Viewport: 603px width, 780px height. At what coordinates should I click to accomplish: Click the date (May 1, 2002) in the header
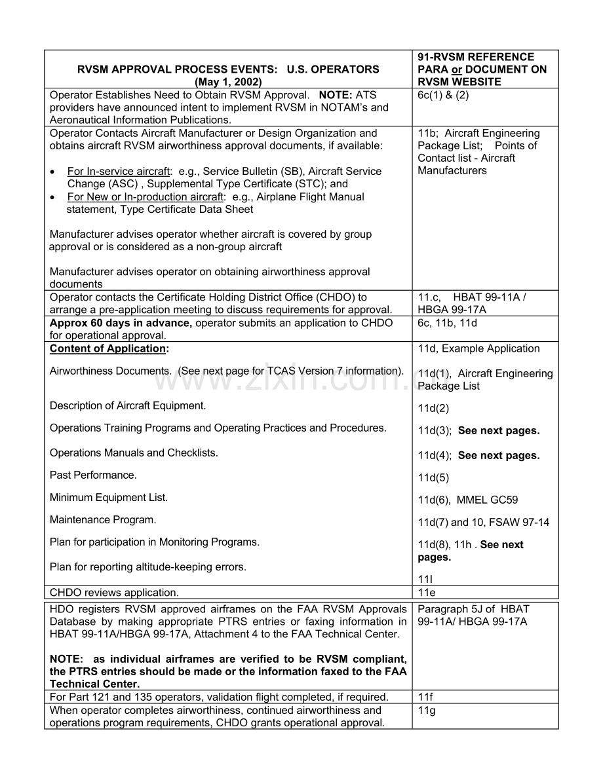click(x=228, y=82)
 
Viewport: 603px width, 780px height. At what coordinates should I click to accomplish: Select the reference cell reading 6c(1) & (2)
click(x=443, y=95)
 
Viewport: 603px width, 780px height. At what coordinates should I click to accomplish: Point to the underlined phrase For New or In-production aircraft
click(x=144, y=197)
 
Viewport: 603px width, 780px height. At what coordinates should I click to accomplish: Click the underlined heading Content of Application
click(x=108, y=349)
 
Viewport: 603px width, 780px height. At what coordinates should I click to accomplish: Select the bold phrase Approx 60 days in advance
click(x=121, y=323)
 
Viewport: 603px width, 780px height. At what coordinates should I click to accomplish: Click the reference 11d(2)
click(x=433, y=409)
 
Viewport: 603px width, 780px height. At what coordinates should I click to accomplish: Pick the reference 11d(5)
click(x=433, y=478)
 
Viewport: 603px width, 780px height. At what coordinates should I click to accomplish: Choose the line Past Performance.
click(x=93, y=475)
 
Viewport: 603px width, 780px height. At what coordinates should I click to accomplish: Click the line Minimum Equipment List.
click(x=109, y=498)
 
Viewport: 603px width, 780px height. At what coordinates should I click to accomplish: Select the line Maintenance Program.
click(x=103, y=520)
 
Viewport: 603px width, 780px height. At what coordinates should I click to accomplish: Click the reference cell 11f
click(x=425, y=697)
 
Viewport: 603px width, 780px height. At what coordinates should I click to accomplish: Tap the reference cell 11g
click(x=427, y=711)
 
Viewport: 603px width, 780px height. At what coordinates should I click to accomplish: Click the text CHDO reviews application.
click(x=114, y=593)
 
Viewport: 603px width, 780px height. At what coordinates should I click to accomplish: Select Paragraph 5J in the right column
click(x=450, y=610)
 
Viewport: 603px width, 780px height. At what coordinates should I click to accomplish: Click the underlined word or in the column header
click(x=457, y=69)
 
